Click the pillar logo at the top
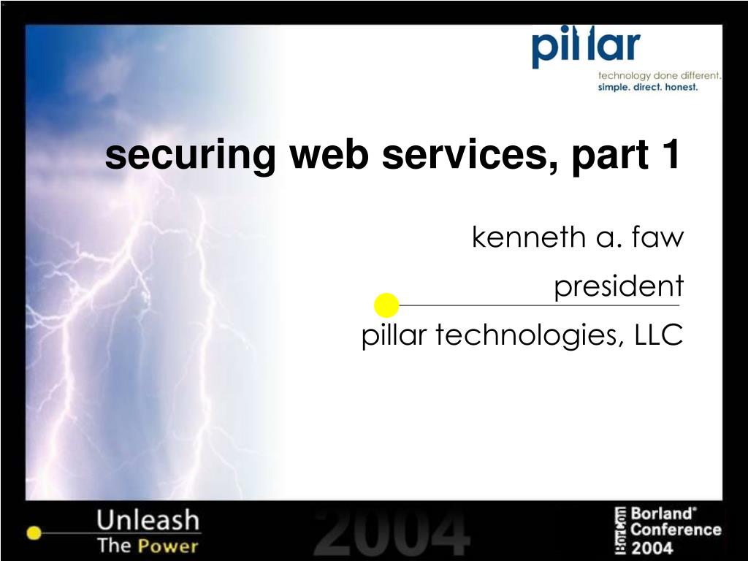[x=586, y=46]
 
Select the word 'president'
[x=619, y=286]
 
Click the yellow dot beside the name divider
[x=386, y=305]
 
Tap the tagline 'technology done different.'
[x=660, y=75]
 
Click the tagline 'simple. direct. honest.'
[x=648, y=88]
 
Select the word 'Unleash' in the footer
[x=148, y=519]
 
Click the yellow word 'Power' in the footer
[x=168, y=546]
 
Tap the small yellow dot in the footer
[x=34, y=533]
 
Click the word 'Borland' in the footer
[x=663, y=514]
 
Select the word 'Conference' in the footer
[x=676, y=530]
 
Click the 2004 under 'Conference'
[x=652, y=547]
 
